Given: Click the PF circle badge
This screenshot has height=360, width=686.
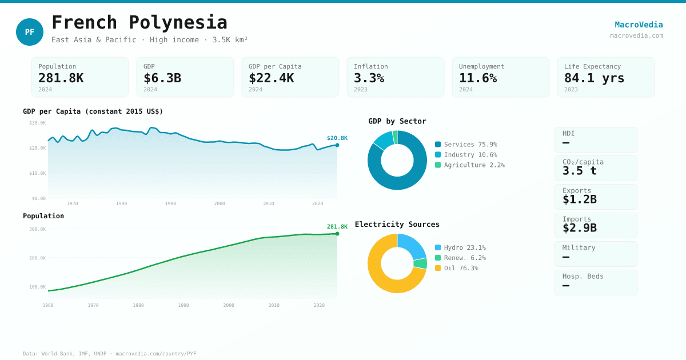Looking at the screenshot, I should click(x=30, y=32).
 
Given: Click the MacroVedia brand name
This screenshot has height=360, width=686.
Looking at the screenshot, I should click(x=639, y=25).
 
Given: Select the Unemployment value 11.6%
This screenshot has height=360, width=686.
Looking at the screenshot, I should click(x=477, y=78).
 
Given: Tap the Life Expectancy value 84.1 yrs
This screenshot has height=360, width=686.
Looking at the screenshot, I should click(x=594, y=78).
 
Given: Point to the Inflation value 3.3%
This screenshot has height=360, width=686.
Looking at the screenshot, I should click(x=369, y=78).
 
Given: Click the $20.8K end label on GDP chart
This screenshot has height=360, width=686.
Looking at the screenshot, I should click(x=337, y=138).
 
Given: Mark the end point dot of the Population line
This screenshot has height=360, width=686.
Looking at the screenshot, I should click(x=337, y=234).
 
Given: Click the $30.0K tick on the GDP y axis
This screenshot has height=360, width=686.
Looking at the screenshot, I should click(x=38, y=123).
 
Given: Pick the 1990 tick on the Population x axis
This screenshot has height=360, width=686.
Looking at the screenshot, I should click(x=183, y=305).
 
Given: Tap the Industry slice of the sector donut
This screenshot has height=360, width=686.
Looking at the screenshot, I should click(x=383, y=139).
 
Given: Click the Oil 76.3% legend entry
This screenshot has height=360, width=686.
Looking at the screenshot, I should click(x=461, y=268).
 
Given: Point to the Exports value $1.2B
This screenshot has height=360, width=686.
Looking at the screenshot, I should click(x=579, y=199).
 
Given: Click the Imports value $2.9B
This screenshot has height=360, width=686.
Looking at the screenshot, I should click(x=579, y=228).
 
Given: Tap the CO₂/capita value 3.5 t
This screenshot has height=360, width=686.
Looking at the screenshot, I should click(x=579, y=171).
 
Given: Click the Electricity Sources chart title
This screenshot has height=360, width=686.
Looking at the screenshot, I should click(x=397, y=225).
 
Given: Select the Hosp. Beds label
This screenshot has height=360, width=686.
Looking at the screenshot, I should click(x=583, y=276).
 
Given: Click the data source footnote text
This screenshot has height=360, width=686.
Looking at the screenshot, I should click(x=109, y=354).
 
